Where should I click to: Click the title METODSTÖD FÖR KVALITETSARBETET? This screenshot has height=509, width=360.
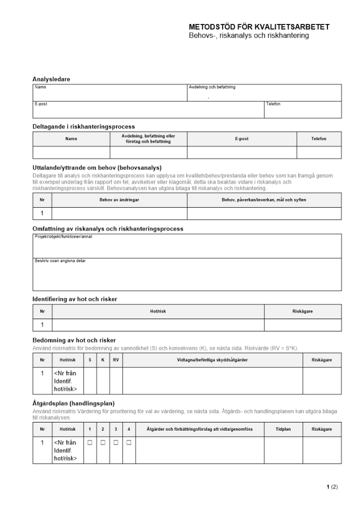coord(259,27)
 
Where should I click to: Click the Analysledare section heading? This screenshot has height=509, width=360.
coord(51,79)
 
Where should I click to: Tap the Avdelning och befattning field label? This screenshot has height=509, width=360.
coord(212,88)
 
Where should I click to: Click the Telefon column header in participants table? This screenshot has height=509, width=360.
coord(319,139)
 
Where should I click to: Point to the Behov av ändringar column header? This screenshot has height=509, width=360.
coord(120,200)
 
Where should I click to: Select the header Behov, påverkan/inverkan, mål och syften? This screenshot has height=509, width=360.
coord(264,200)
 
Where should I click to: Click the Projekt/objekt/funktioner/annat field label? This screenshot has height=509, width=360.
coord(63,237)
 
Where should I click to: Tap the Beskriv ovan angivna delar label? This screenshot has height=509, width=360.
coord(60,261)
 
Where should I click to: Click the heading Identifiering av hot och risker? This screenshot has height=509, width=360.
coord(75,299)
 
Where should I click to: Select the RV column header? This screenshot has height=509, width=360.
coord(116,360)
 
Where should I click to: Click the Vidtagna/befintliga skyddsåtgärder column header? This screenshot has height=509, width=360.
coord(212,360)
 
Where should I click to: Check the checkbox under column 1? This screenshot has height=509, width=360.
coord(90,443)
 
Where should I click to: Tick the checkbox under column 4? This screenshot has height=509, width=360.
coord(129,443)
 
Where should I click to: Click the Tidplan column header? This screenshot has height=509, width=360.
coord(283,430)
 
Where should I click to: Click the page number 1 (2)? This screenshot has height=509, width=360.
coord(332,487)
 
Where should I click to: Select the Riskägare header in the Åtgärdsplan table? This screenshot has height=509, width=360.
coord(322,430)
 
